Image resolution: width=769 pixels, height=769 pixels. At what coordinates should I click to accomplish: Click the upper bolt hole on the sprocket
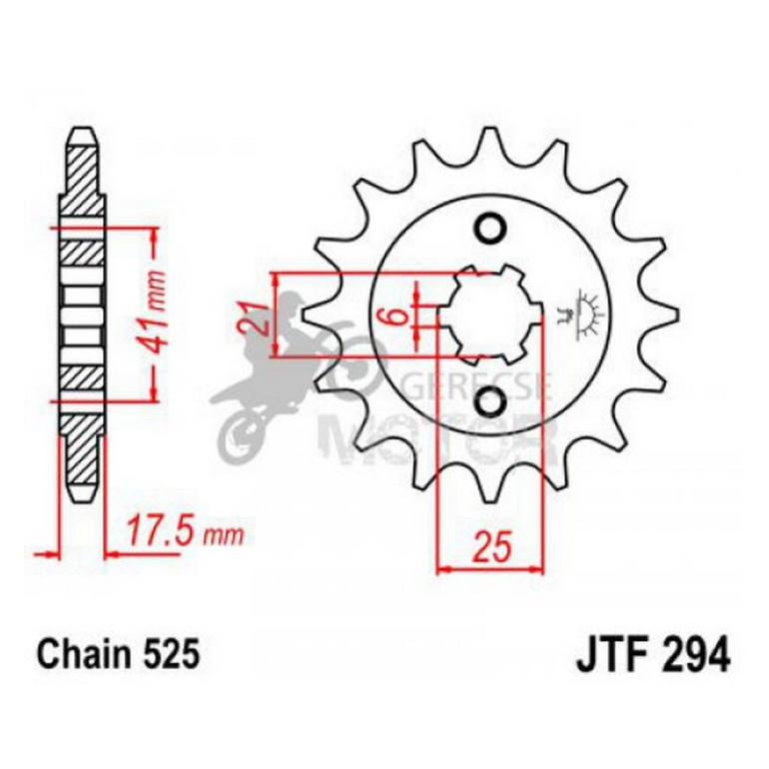(490, 229)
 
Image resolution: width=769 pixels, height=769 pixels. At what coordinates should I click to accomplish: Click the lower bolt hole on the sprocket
(490, 401)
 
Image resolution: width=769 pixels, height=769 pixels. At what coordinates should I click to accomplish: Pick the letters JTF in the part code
(605, 655)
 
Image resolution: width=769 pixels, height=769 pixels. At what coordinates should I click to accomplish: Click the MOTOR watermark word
(439, 439)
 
